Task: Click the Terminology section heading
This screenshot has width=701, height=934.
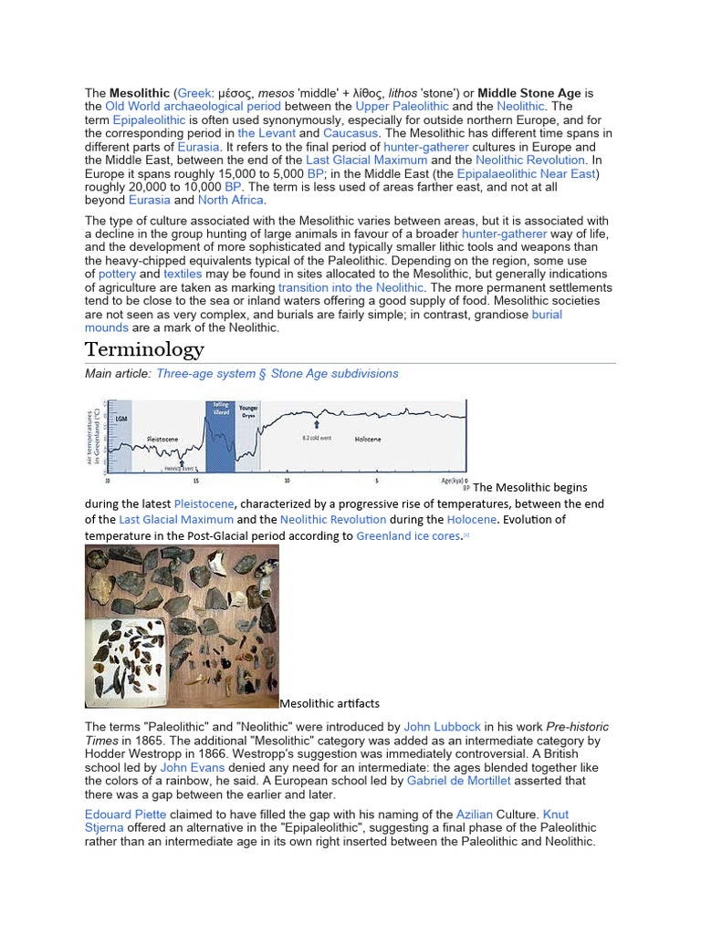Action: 144,350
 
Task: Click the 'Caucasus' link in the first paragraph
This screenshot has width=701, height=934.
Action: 352,133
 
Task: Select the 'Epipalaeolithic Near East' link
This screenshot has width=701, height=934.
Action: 528,173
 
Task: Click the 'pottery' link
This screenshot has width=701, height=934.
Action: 117,274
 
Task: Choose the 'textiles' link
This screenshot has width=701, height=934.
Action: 183,274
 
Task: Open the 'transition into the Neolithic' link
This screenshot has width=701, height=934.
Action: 351,287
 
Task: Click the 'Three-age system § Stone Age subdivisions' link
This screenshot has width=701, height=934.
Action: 277,373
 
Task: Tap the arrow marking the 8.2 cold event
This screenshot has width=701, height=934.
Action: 317,424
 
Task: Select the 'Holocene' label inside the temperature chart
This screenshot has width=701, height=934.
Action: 369,440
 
